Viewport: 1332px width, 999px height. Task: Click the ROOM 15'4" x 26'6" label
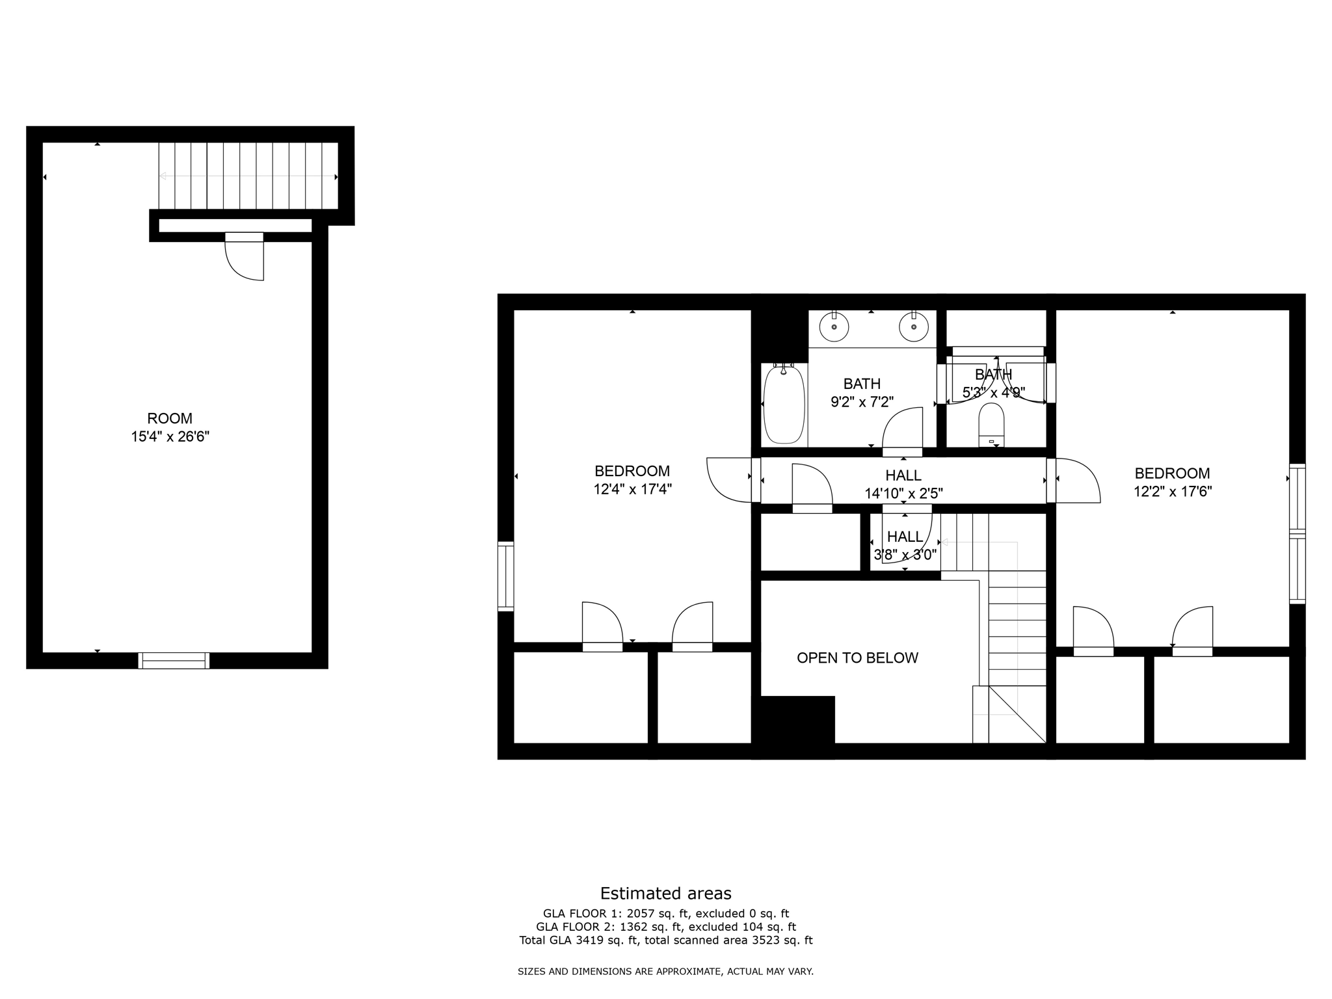(170, 427)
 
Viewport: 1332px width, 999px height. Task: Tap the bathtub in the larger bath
(784, 405)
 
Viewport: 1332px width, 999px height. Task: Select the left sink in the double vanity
(834, 326)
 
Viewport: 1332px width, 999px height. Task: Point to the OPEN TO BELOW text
(857, 658)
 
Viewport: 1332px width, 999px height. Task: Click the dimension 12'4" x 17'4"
(632, 489)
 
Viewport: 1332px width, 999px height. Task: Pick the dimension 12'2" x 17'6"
(1172, 492)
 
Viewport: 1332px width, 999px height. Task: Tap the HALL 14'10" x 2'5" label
(903, 485)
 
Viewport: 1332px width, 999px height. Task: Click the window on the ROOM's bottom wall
(174, 661)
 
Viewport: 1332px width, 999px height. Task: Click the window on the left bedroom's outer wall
(505, 576)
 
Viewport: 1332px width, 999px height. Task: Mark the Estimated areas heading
(665, 893)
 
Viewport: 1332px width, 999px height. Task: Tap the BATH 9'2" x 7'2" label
(862, 393)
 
